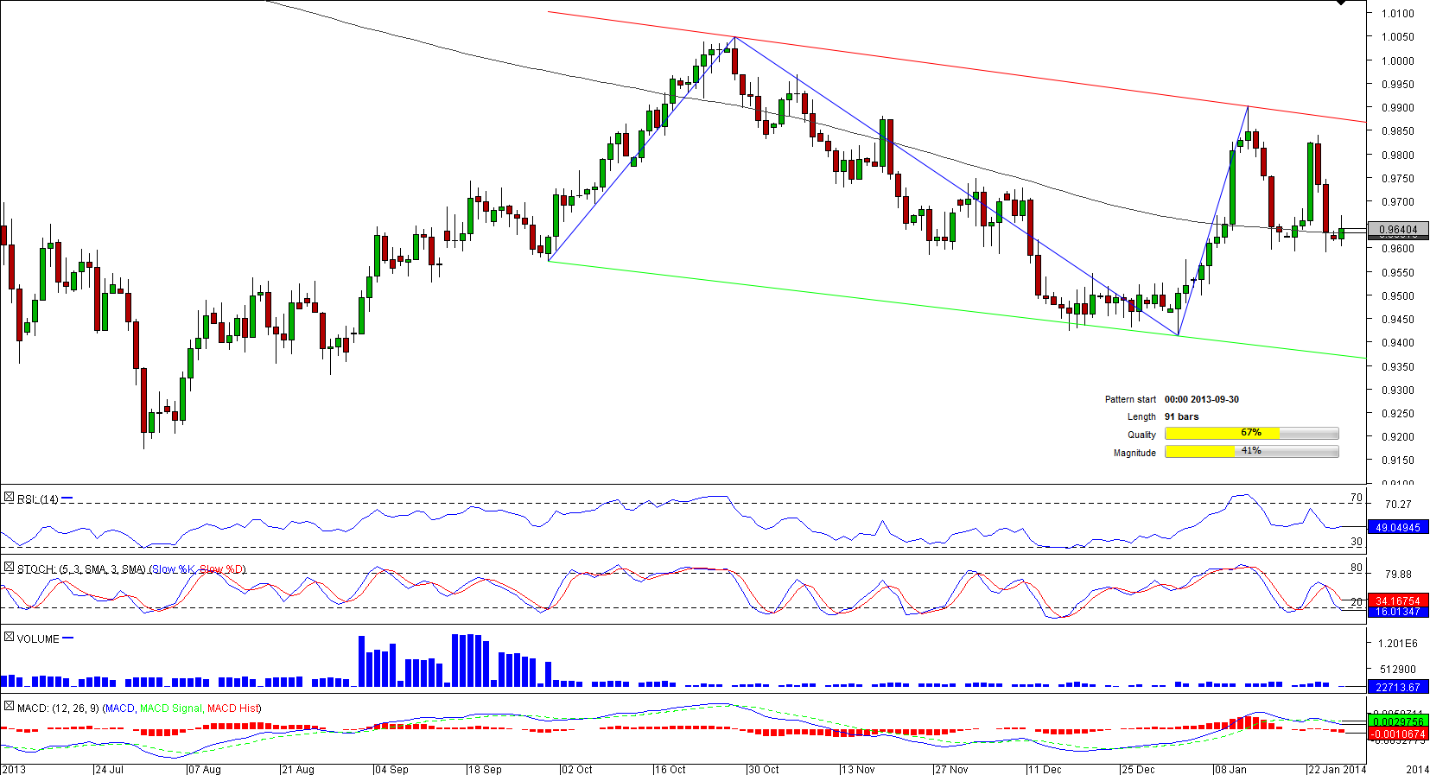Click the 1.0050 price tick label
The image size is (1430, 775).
1397,37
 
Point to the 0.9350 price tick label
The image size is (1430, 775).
1397,367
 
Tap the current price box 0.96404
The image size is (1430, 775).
1398,230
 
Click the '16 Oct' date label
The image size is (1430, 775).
671,769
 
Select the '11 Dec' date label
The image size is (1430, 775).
1045,769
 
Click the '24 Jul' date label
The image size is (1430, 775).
110,769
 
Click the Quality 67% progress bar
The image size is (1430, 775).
1251,434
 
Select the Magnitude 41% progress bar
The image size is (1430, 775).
1251,452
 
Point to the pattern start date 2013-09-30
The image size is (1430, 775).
1201,399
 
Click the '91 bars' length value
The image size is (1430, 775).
1181,416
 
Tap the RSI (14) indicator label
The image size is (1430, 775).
38,499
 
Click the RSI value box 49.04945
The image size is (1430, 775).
1398,527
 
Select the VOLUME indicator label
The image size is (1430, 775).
38,639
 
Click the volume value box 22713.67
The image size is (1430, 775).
1398,687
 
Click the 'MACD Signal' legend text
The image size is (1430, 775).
171,708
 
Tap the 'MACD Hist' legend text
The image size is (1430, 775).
233,708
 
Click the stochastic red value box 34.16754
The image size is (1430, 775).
1398,600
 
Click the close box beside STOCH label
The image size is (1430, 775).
9,568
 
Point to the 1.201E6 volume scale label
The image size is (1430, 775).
1398,644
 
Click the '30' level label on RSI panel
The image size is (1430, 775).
1357,542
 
